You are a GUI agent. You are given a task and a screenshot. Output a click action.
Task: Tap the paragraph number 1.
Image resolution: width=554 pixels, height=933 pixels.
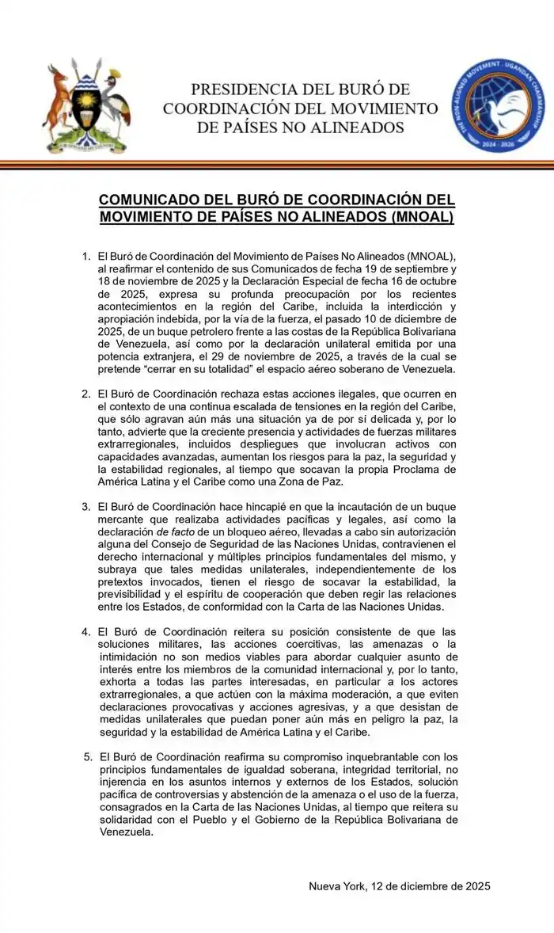[x=87, y=257]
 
